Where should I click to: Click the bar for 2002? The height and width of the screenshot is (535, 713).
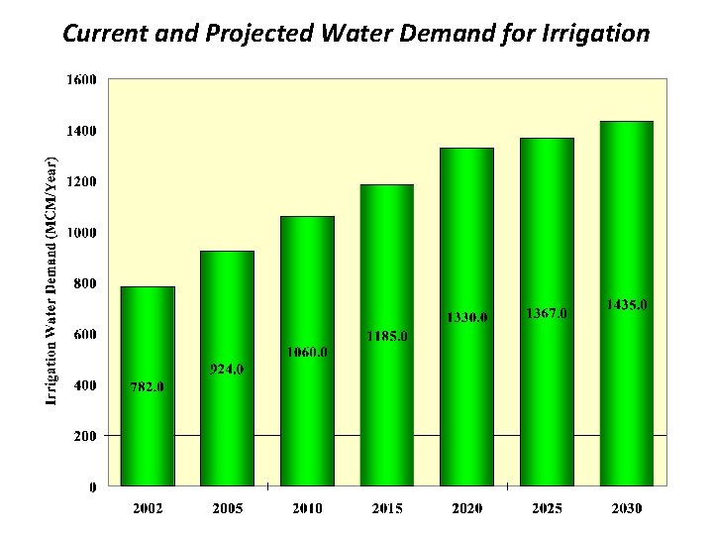(x=148, y=436)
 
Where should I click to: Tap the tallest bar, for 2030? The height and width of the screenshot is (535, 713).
(x=626, y=396)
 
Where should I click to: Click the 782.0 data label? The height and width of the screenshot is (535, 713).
(x=148, y=386)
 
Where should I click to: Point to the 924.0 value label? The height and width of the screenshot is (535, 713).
(x=227, y=370)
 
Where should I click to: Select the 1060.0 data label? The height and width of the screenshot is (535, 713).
(x=307, y=352)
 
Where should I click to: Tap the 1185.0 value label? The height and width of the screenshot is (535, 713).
(x=386, y=336)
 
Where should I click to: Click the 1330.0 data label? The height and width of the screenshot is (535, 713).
(x=466, y=317)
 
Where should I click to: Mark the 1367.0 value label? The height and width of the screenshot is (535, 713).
(x=547, y=313)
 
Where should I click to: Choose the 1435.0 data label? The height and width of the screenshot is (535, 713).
(x=626, y=305)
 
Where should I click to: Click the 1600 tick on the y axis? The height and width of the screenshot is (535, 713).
(x=82, y=80)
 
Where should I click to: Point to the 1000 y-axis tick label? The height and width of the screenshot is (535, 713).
(x=82, y=233)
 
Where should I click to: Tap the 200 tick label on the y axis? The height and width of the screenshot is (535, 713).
(x=85, y=436)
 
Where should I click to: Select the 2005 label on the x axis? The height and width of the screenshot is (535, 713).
(x=228, y=508)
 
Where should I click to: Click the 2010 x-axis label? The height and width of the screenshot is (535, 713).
(x=307, y=508)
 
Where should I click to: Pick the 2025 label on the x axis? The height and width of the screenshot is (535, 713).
(x=547, y=508)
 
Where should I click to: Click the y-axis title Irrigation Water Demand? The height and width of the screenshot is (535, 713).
(x=51, y=276)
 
